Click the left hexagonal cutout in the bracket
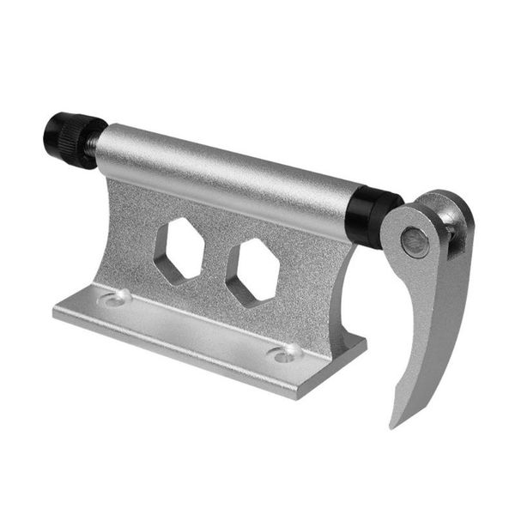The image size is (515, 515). coord(178,250)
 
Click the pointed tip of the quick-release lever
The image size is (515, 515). coord(393,424)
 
